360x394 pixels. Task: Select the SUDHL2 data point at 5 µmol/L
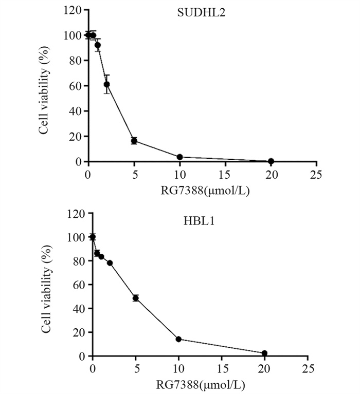click(x=134, y=141)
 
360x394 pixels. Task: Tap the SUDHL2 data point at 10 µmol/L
click(x=179, y=157)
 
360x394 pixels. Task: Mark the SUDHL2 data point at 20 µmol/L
click(x=271, y=161)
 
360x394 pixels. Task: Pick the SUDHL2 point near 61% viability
click(x=106, y=84)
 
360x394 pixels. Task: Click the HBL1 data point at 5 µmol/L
click(x=136, y=298)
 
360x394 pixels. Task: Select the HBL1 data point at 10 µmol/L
click(x=178, y=339)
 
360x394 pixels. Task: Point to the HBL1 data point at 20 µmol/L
click(x=264, y=353)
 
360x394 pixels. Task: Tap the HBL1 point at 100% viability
click(x=93, y=237)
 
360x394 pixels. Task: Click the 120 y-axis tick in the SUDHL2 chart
click(x=73, y=10)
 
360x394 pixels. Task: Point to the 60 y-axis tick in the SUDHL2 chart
click(x=75, y=86)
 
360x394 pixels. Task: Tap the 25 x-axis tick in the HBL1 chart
click(x=308, y=368)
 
